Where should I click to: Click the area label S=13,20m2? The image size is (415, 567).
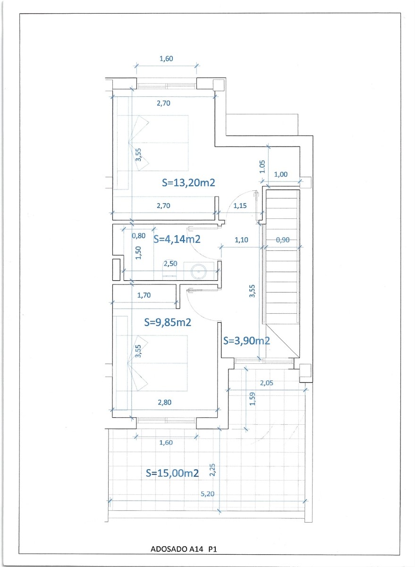click(x=188, y=183)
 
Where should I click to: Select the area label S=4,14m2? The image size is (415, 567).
click(x=177, y=239)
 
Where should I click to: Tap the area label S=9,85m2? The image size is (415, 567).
click(x=167, y=322)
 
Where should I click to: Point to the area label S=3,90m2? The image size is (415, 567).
click(x=246, y=341)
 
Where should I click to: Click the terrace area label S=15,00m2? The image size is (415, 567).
click(x=172, y=472)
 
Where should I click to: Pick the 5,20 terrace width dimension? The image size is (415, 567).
click(x=207, y=495)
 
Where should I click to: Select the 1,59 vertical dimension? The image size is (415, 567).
click(x=252, y=400)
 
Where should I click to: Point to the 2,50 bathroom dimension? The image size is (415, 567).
click(x=170, y=264)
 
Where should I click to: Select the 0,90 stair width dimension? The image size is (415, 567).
click(x=282, y=240)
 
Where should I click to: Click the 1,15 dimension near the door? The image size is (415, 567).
click(x=240, y=206)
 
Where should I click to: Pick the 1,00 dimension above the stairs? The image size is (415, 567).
click(x=280, y=174)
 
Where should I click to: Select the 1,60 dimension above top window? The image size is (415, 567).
click(x=166, y=59)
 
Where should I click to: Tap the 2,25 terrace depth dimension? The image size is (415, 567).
click(x=213, y=471)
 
